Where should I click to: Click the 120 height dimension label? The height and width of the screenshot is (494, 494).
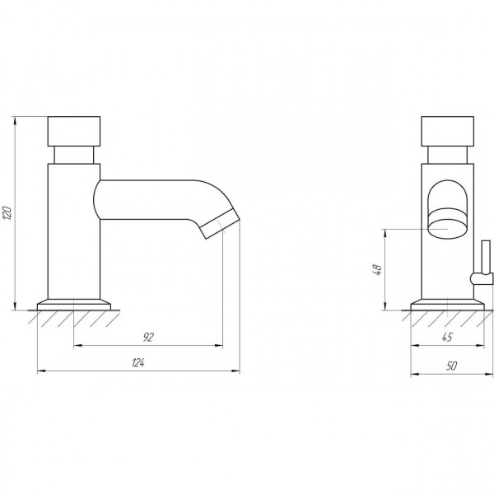point(7,213)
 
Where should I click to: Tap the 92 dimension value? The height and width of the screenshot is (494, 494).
point(148,337)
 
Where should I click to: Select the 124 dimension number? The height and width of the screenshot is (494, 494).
point(138,362)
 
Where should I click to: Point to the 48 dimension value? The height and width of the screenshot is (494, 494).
point(377,270)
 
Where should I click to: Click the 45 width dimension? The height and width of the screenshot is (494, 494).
point(447,337)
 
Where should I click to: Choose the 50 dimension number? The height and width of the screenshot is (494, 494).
point(451,366)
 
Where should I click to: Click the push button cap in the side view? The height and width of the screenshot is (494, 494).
point(74,132)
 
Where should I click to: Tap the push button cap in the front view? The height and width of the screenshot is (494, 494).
point(448,132)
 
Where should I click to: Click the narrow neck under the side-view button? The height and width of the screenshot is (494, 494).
point(74,155)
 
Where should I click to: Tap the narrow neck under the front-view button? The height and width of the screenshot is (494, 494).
point(447,155)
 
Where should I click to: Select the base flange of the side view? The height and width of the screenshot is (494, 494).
point(74,305)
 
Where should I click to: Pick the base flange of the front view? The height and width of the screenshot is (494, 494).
point(447,305)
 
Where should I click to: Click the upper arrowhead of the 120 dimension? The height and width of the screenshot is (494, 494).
point(15,120)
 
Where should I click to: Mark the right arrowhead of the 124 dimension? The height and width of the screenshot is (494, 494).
point(235,370)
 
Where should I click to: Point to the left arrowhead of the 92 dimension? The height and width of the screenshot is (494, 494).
point(78,345)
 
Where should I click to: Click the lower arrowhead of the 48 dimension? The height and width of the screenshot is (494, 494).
point(384,306)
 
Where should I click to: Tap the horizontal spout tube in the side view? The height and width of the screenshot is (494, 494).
point(148,200)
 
